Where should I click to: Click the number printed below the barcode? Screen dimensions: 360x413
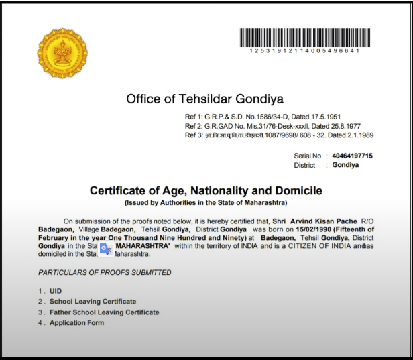[x=304, y=51]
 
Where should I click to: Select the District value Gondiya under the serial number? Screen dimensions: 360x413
[x=345, y=165]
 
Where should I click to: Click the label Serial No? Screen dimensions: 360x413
[x=307, y=156]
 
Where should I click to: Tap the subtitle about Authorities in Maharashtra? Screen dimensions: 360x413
[x=206, y=202]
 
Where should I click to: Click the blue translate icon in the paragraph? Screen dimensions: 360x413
[x=106, y=249]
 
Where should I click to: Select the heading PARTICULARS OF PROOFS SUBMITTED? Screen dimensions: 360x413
[x=105, y=272]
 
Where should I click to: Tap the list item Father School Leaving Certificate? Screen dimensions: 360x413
[x=104, y=312]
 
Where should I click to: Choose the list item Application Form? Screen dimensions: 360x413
[x=76, y=323]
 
